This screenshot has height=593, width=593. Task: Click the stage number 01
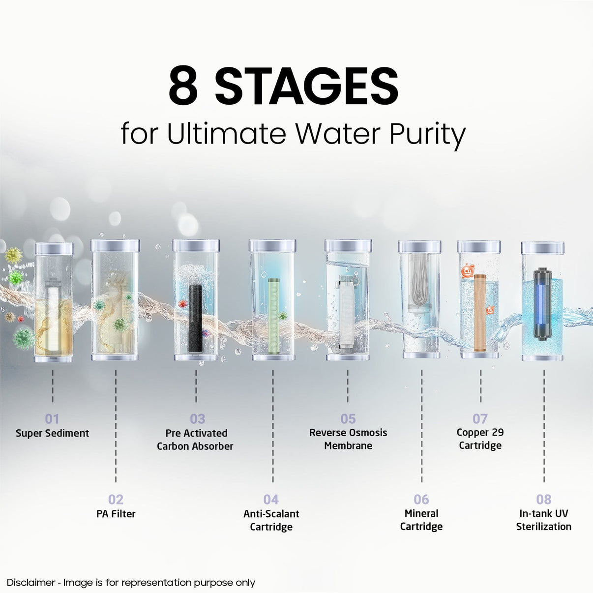(52, 418)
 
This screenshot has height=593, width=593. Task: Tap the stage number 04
(271, 499)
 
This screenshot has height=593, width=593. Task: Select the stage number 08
(544, 499)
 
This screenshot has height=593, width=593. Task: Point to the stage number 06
(421, 499)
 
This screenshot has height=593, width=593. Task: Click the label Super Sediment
(52, 433)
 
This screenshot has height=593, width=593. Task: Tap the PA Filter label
(116, 514)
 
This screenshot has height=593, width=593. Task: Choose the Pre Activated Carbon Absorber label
(195, 440)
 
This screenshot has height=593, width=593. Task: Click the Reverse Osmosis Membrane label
(348, 439)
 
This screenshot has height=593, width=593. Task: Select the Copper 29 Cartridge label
(480, 439)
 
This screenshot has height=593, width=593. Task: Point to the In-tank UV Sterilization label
(544, 520)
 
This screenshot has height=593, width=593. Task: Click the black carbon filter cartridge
(195, 318)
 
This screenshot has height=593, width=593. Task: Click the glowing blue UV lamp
(542, 303)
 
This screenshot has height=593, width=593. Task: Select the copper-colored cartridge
(480, 313)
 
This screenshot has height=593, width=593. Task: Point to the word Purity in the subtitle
(427, 134)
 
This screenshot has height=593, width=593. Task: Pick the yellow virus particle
(14, 255)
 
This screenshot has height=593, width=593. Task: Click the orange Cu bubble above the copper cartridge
(468, 271)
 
